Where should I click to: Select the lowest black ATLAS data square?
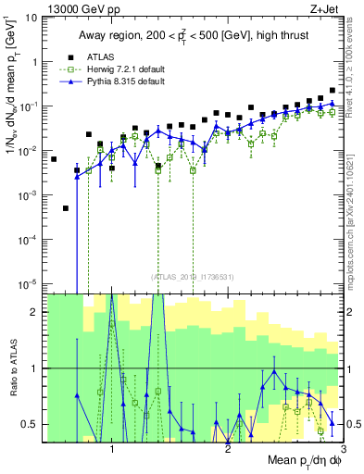click(66, 208)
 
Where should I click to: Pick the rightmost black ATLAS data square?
click(333, 91)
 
